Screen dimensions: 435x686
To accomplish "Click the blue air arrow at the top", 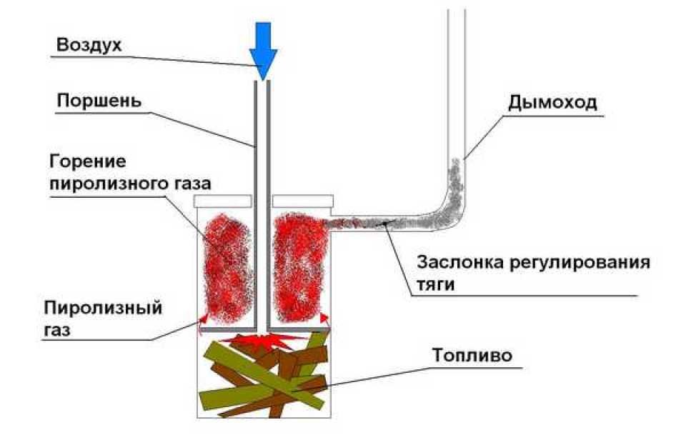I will pos(262,46).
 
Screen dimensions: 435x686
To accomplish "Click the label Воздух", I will pos(90,44).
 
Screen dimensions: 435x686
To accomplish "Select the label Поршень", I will pos(99,100).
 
